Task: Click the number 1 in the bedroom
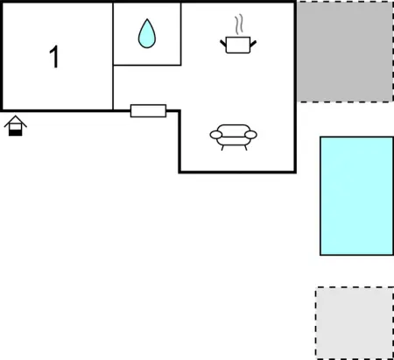coord(54,57)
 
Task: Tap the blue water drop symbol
coord(147,33)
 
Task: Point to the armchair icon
coord(234,138)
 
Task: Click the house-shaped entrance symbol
coord(16,125)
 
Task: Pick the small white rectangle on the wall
coord(148,110)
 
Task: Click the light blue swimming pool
coord(356,196)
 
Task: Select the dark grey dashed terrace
coord(345,52)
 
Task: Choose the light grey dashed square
coord(355,323)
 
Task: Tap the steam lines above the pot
coord(239,25)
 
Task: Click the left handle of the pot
coord(223,44)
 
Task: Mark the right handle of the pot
coord(253,44)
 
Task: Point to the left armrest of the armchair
coord(216,135)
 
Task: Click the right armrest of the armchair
coord(250,135)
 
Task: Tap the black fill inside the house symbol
coord(16,133)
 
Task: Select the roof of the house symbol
coord(16,121)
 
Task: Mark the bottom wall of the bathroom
coord(147,65)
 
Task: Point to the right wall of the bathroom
coord(180,33)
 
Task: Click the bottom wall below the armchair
coord(237,172)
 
